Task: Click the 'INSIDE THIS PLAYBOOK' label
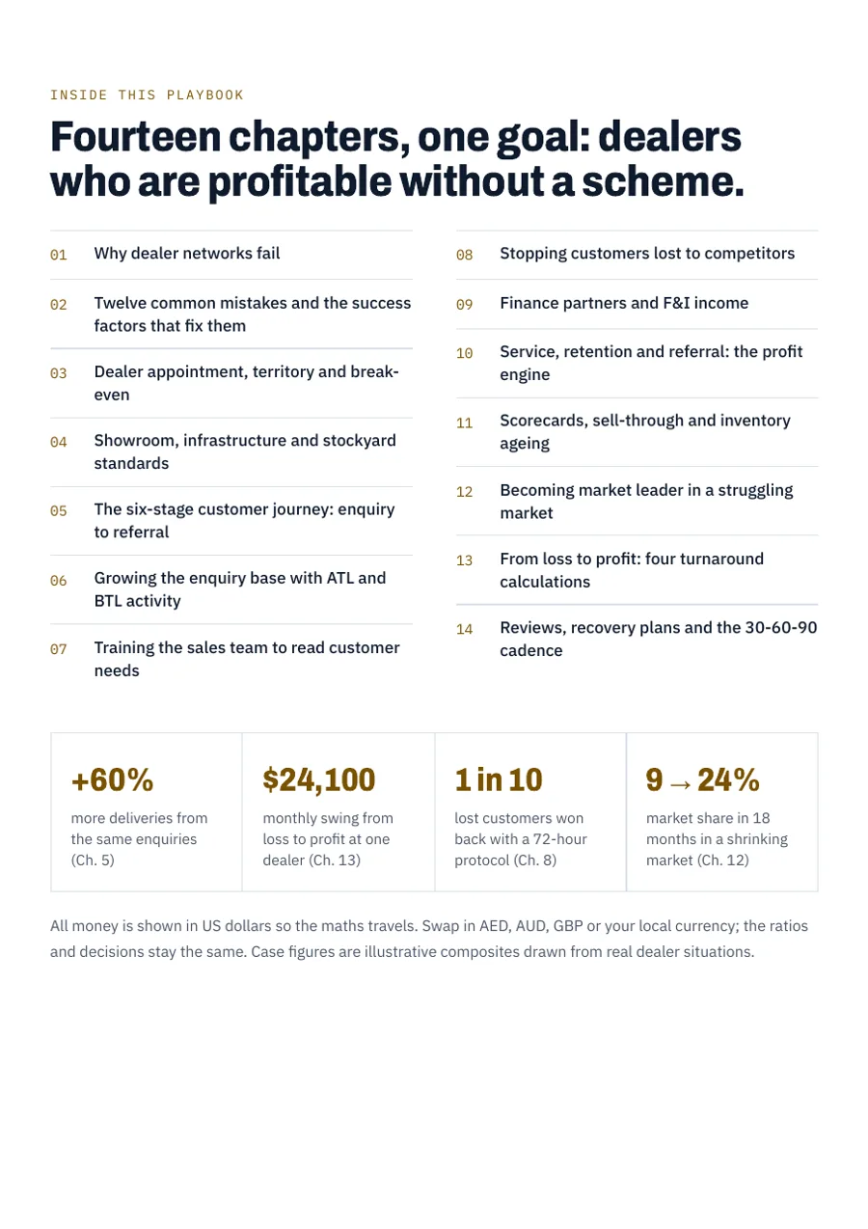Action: [147, 95]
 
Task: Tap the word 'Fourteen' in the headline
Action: [136, 137]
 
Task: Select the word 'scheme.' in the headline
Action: [663, 181]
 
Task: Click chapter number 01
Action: [58, 255]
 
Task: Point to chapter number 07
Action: [58, 649]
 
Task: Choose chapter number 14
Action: [464, 629]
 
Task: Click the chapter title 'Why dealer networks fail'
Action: [186, 254]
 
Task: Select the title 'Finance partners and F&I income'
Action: [624, 304]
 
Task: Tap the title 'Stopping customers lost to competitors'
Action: [647, 254]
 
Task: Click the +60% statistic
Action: [113, 779]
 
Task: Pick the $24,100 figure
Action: [319, 779]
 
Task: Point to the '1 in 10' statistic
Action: [499, 779]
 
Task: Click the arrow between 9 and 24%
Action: [680, 784]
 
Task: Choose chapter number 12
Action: [464, 492]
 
